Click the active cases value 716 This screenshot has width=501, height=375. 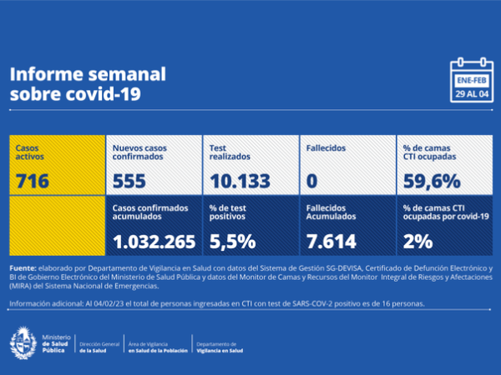pyautogui.click(x=33, y=180)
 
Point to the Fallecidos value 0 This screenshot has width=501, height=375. pyautogui.click(x=312, y=180)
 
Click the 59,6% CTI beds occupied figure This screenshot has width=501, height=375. pyautogui.click(x=431, y=180)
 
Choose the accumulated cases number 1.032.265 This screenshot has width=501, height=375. pyautogui.click(x=154, y=242)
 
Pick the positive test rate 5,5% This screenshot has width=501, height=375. pyautogui.click(x=231, y=242)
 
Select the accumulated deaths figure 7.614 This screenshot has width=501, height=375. pyautogui.click(x=331, y=242)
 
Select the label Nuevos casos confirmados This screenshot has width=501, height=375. pyautogui.click(x=139, y=152)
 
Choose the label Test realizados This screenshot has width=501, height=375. pyautogui.click(x=227, y=152)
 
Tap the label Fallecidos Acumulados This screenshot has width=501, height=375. pyautogui.click(x=331, y=211)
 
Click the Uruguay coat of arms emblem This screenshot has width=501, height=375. pyautogui.click(x=22, y=344)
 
